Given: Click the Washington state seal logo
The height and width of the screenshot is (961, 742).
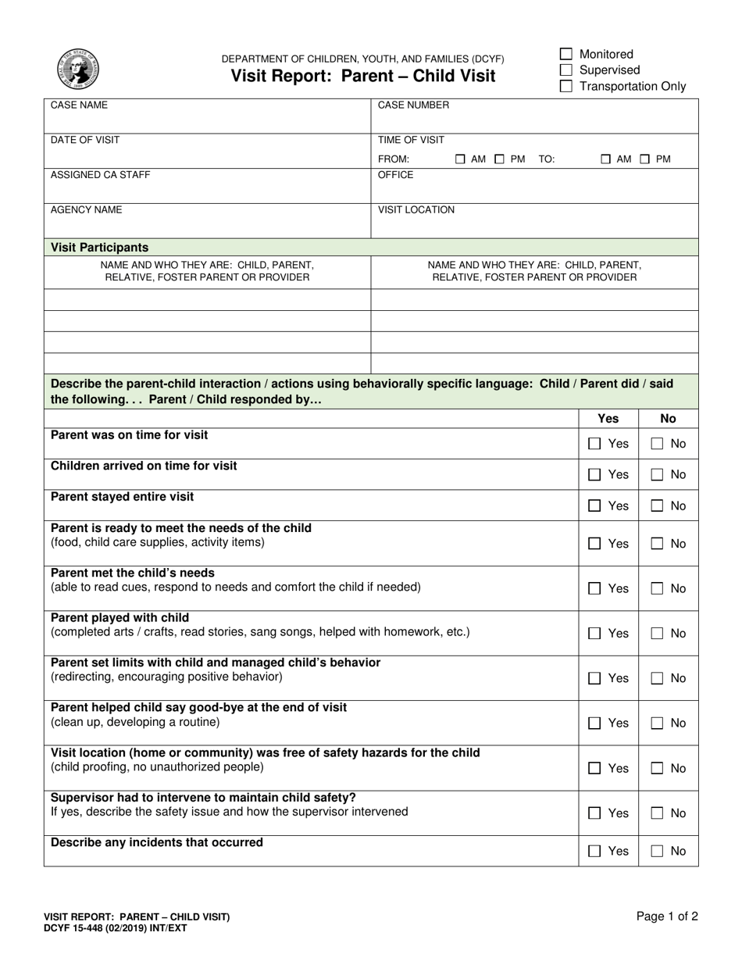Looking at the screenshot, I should pos(78,69).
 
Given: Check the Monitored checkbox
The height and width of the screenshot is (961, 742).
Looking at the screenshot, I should pos(567,54).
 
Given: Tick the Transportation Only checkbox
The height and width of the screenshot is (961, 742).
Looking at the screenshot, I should pos(567,86).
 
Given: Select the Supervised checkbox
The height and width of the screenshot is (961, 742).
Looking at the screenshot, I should pos(567,70).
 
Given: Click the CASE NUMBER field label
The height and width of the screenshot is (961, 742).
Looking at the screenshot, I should pos(413,105).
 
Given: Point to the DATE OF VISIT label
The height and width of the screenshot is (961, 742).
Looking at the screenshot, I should pos(85,140).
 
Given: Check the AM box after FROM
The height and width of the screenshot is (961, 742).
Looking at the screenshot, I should pos(461,159).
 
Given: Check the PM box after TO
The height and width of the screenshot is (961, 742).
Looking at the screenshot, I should pos(645,159).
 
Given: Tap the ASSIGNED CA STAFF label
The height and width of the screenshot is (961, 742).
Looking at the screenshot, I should pos(100,175).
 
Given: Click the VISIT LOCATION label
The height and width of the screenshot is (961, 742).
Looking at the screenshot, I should pos(416,210).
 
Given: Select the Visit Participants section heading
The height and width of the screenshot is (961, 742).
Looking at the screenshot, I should pos(99,248).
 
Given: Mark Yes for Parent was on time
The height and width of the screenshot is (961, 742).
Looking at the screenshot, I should pos(594,444).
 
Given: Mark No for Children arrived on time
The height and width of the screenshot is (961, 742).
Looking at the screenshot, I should pos(657,475).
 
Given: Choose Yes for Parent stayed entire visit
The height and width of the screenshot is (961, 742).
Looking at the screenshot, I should pos(594,506).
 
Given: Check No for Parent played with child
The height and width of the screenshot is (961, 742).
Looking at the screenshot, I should pos(657,634).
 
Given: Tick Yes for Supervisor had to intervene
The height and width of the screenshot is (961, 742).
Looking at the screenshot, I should pos(594,813).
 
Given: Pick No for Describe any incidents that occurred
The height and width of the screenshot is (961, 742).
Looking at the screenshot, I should pos(657,852).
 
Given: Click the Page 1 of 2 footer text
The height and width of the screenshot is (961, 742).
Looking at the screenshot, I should pos(667,917).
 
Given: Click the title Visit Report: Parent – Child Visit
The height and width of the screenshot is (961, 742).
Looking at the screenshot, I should pos(362,76).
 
